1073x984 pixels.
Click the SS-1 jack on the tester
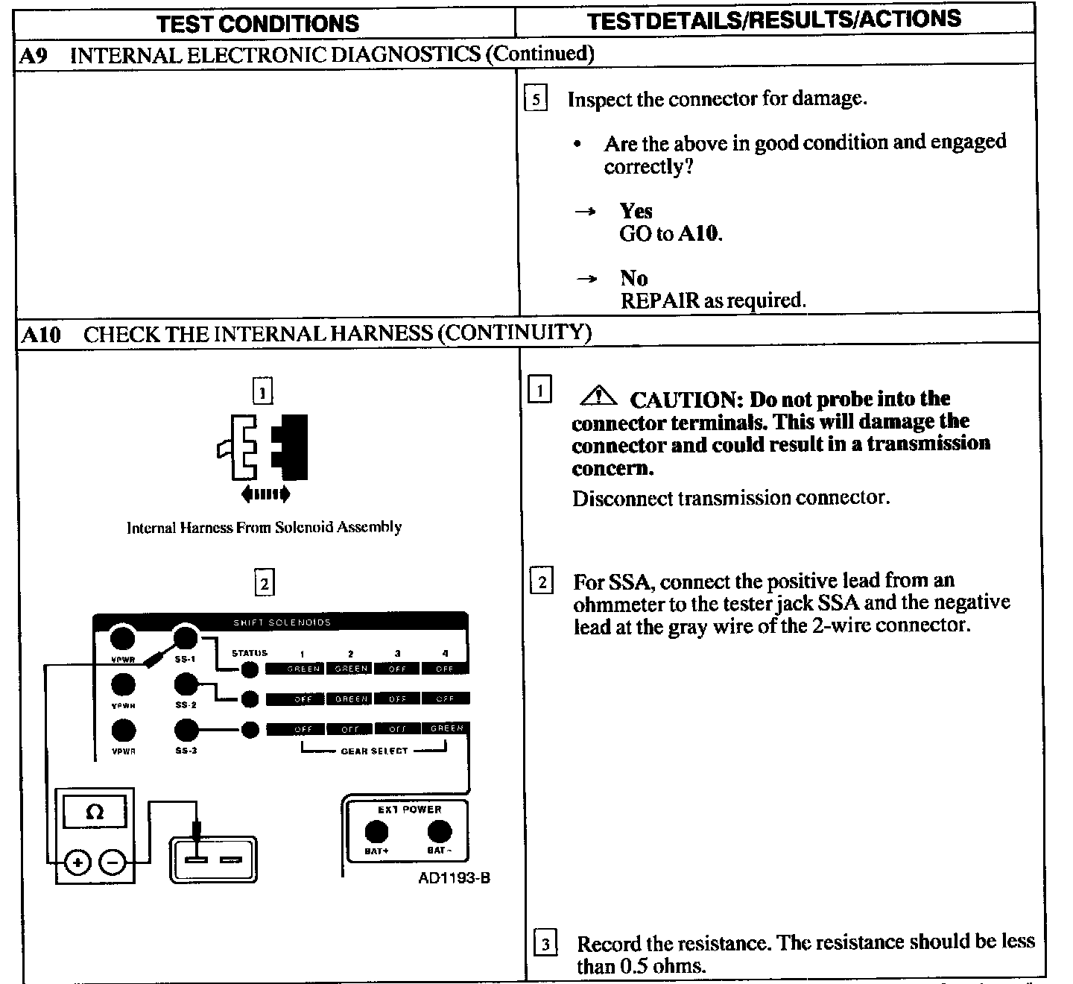point(186,638)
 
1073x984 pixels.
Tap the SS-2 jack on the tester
point(186,684)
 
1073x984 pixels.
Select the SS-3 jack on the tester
point(186,730)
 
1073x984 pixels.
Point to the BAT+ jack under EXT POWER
point(376,831)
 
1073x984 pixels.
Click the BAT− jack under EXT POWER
point(439,831)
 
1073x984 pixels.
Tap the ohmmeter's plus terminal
point(77,863)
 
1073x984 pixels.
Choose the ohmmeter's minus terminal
point(112,863)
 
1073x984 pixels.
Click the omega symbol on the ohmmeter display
point(95,812)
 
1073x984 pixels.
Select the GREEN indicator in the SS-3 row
point(446,728)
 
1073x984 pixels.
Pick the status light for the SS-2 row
point(250,699)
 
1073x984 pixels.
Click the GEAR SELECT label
point(374,751)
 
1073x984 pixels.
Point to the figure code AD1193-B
point(454,878)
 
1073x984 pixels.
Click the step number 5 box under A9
point(536,99)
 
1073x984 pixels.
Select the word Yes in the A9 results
point(636,211)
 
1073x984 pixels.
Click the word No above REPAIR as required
point(633,278)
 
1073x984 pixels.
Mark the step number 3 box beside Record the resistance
point(545,944)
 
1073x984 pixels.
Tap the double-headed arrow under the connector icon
point(265,493)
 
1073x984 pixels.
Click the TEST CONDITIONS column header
point(258,23)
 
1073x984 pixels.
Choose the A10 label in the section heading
point(41,334)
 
